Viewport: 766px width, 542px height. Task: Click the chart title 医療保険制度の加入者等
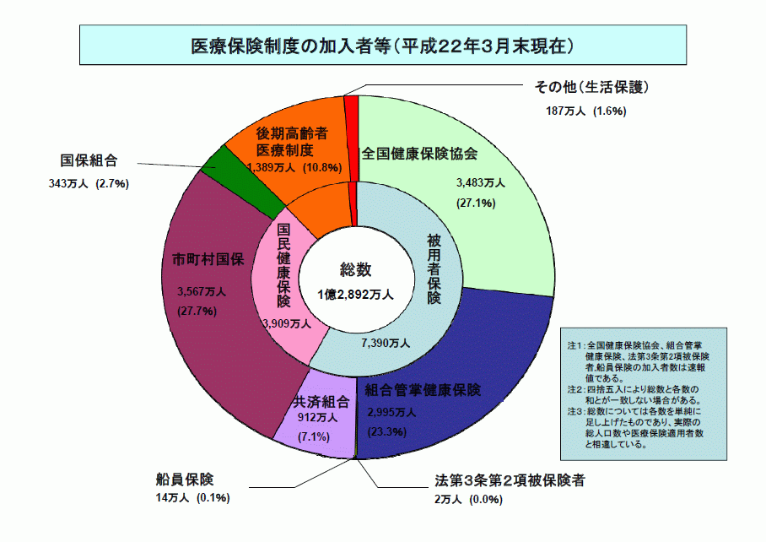pos(291,46)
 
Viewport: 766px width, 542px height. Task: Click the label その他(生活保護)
pos(591,88)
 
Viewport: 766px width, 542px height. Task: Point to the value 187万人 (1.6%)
pos(585,111)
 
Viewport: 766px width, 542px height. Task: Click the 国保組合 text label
pos(89,160)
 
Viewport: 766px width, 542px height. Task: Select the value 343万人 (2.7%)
pos(89,184)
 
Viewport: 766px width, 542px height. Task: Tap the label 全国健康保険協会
pos(419,154)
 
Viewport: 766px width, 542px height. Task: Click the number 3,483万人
pos(481,183)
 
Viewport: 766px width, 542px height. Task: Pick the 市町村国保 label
pos(208,259)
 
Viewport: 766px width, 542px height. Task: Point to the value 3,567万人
pos(202,292)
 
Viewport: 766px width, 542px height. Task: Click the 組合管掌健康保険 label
pos(423,390)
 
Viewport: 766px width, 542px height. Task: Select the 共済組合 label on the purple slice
pos(321,402)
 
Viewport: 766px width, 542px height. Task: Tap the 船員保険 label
pos(185,480)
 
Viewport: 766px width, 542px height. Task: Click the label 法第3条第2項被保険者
pos(510,480)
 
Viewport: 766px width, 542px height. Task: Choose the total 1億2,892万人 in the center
pos(355,295)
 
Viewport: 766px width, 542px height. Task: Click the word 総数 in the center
pos(356,269)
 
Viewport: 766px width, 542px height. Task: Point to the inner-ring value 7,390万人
pos(386,343)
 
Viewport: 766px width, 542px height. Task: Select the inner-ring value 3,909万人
pos(287,323)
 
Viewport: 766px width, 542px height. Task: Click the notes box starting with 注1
pos(644,394)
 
